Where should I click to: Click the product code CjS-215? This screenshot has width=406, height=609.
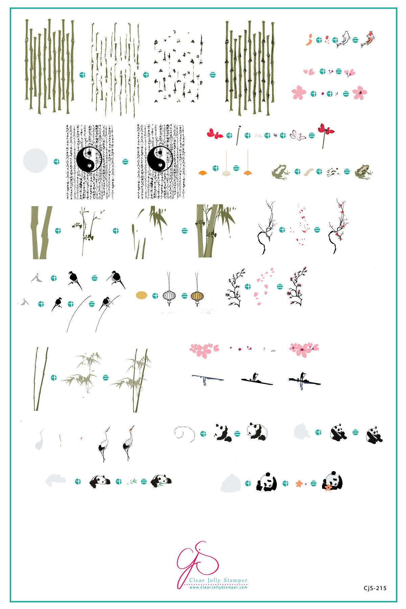[375, 588]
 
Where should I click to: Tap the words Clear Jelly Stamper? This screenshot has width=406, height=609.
[218, 580]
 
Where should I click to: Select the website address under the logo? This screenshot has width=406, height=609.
[218, 587]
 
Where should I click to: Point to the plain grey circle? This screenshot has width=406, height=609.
[35, 161]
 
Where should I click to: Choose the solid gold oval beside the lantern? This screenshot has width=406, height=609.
[141, 295]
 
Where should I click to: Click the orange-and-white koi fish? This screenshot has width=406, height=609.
[368, 39]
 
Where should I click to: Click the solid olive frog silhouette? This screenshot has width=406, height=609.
[280, 172]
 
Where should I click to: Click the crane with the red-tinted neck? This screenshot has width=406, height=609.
[128, 442]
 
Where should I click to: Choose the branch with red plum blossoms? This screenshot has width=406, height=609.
[338, 227]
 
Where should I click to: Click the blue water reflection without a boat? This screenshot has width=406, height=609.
[207, 379]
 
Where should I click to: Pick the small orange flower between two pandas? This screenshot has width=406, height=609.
[298, 483]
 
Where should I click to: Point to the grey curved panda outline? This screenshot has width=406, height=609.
[184, 433]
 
